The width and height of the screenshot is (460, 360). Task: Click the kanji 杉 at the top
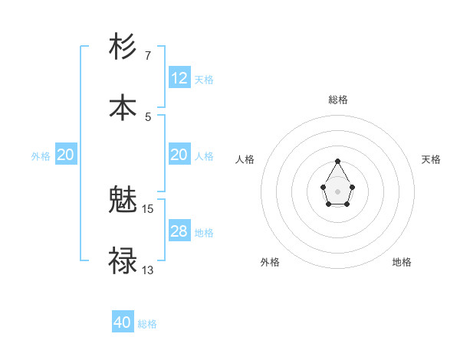(123, 47)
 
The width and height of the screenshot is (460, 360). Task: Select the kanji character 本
(123, 107)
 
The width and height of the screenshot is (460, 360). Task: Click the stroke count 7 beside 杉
(148, 55)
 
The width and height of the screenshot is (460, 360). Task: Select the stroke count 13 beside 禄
(148, 270)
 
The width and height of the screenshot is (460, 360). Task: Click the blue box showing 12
(179, 78)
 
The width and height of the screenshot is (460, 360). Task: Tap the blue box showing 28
(179, 231)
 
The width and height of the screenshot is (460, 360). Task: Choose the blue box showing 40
(123, 322)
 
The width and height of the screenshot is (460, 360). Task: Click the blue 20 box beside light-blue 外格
(65, 155)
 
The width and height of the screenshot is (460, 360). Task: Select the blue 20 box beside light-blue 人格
(179, 155)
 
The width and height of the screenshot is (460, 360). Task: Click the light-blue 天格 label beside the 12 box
(204, 79)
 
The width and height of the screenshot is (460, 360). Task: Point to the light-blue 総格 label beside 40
(147, 324)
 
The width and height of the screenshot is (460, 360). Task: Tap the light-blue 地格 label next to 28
(204, 232)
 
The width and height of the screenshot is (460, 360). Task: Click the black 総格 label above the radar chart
(338, 100)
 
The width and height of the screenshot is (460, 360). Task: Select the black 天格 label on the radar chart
(431, 159)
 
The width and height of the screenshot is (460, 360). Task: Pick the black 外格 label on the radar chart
(270, 262)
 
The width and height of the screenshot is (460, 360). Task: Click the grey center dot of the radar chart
(337, 190)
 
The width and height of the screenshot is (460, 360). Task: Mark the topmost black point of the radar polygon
(337, 161)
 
